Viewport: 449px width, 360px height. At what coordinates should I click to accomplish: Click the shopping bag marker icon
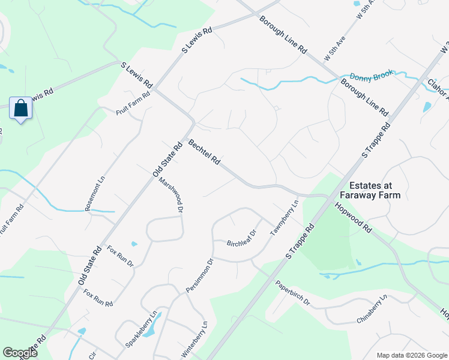(21, 109)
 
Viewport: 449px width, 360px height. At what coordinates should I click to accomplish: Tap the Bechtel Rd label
(204, 154)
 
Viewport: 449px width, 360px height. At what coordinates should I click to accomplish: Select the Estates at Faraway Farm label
(369, 190)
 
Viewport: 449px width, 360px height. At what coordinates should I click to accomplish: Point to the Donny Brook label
(371, 76)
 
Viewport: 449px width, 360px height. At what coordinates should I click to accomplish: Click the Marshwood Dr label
(170, 195)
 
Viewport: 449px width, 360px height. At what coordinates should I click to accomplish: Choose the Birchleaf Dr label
(242, 238)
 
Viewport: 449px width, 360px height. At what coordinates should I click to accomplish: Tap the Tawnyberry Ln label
(285, 218)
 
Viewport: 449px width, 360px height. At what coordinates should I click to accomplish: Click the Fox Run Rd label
(98, 298)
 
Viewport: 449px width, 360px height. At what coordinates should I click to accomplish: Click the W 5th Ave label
(335, 49)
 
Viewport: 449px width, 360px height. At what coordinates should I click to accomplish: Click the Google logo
(20, 353)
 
